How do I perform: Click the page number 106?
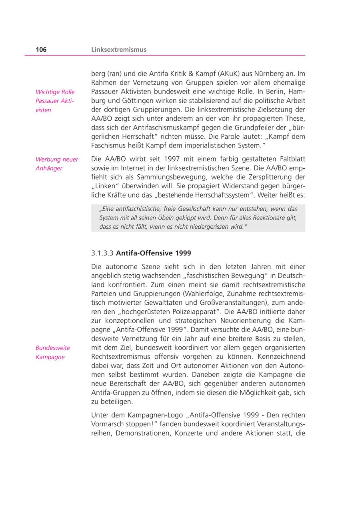tap(41, 50)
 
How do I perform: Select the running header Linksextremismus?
tap(118, 50)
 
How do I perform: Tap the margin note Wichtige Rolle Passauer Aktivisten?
tap(55, 101)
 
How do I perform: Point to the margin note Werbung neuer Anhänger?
tap(57, 164)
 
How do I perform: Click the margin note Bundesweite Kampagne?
tap(52, 352)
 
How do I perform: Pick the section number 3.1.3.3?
tap(102, 253)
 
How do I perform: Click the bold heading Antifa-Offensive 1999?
tap(153, 253)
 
